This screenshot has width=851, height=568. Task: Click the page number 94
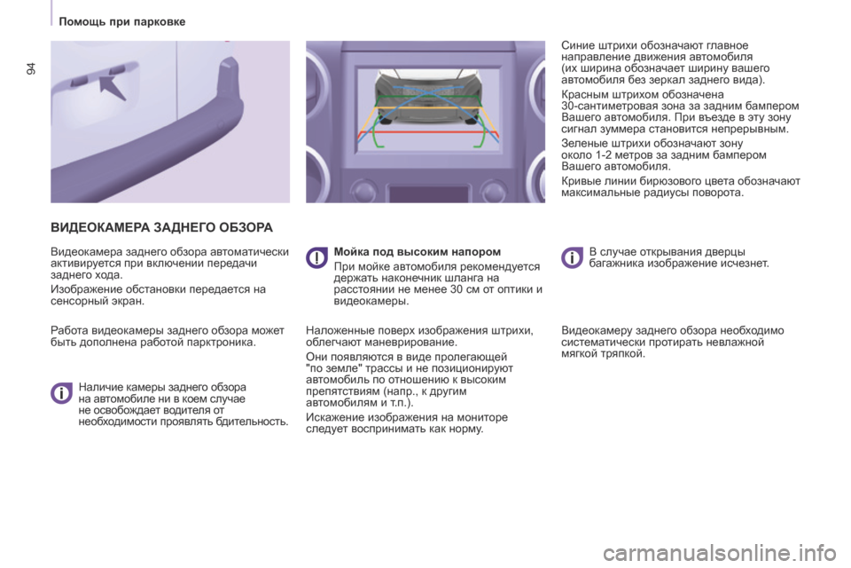click(x=31, y=69)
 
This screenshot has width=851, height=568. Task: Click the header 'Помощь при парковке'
click(x=122, y=21)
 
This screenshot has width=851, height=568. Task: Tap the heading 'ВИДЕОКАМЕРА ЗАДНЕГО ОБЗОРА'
click(x=161, y=227)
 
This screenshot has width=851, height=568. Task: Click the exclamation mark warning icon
click(x=316, y=257)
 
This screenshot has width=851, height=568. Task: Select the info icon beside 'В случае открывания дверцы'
click(x=572, y=257)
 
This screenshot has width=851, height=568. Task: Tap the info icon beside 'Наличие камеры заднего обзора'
click(x=61, y=392)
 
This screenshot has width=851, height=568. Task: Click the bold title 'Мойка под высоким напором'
click(x=418, y=252)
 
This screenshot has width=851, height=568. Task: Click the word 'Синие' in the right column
click(x=576, y=45)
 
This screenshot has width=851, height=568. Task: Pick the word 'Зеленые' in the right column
click(x=582, y=144)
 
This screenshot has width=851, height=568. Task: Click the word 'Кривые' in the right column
click(x=580, y=181)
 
